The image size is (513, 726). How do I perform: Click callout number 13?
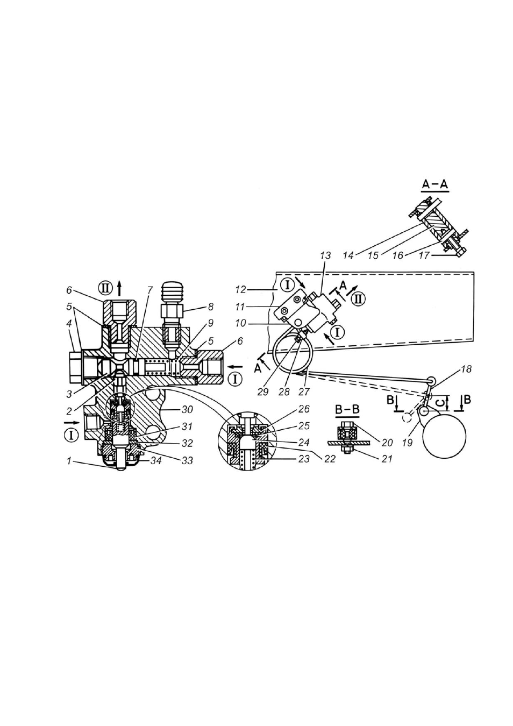[325, 256]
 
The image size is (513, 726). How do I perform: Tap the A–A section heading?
[435, 184]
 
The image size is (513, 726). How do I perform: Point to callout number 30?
[187, 410]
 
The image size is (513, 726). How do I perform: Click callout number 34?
[156, 460]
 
